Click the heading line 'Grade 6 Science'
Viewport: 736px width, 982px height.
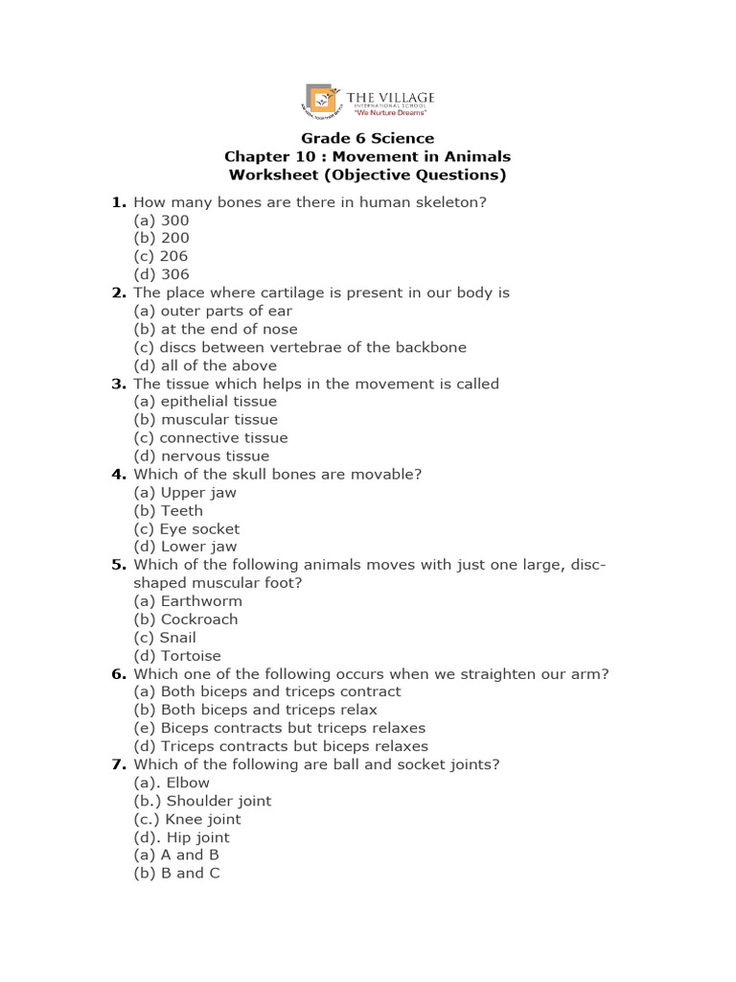368,138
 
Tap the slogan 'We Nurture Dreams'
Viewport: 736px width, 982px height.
392,112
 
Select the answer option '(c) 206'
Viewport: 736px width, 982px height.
161,256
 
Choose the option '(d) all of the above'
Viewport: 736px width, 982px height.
205,365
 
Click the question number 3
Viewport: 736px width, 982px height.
118,384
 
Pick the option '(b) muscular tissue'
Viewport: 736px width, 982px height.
205,419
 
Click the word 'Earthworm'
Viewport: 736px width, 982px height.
201,601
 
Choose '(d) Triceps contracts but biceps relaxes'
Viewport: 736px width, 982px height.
281,746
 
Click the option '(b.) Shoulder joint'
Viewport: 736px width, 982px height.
202,801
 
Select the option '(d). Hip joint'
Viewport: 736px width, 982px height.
182,837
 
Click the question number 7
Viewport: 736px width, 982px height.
118,764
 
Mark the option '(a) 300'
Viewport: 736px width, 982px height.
161,220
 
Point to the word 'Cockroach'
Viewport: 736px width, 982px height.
199,620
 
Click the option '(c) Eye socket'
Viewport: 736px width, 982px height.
187,528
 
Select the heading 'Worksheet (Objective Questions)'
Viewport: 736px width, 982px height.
368,175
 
